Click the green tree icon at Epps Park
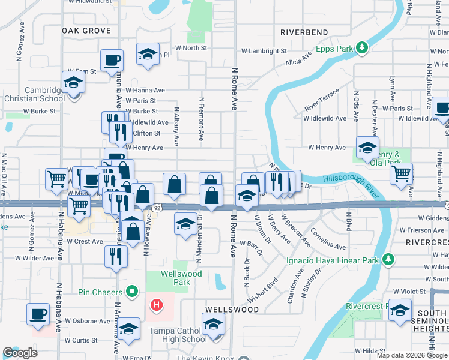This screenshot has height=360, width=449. [362, 47]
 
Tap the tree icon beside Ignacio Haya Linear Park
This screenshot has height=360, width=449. [388, 260]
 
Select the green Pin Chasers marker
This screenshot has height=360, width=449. [133, 292]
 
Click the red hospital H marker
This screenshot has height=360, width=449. [157, 305]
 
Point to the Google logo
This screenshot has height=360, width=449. [20, 353]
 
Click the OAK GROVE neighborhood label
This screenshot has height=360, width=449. [86, 30]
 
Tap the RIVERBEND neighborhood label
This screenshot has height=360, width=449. [304, 32]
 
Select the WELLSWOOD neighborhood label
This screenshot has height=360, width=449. [232, 310]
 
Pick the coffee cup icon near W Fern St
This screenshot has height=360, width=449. [112, 61]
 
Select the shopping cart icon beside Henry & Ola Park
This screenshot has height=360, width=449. [401, 174]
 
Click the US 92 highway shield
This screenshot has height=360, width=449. [157, 207]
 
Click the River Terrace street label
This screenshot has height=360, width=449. [322, 99]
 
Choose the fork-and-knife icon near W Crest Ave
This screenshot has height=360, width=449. [116, 256]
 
